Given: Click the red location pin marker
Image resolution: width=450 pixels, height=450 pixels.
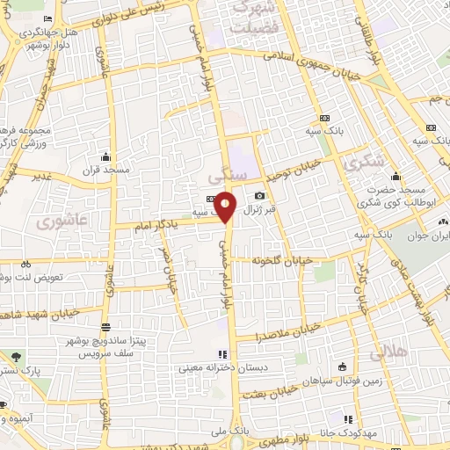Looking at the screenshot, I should point(226,206).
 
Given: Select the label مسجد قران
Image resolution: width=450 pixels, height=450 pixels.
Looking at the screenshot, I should point(105,168).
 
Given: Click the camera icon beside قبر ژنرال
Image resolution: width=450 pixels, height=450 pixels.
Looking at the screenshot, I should point(258,195).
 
